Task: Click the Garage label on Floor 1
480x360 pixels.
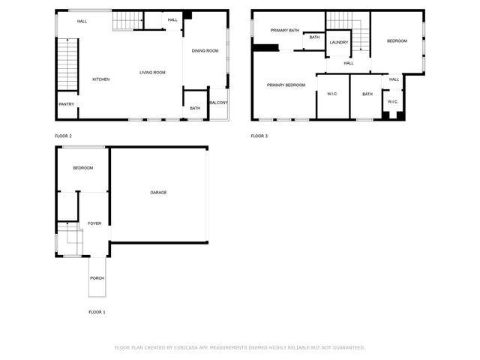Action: tap(158, 193)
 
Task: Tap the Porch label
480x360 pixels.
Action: tap(97, 278)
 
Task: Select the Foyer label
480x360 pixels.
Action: tap(94, 223)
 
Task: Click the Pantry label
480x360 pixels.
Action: tap(66, 104)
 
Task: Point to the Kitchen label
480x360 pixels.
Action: tap(101, 79)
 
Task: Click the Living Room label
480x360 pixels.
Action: tap(152, 73)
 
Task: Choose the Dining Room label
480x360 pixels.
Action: tap(205, 51)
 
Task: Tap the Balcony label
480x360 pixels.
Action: tap(218, 103)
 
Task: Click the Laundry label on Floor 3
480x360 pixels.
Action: tap(339, 42)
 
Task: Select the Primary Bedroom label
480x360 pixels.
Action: tap(286, 85)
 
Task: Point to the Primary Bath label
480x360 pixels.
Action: tap(285, 31)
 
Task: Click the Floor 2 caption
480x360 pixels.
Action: tap(63, 136)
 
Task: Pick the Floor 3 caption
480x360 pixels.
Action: tap(259, 136)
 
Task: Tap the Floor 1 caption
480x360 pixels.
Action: tap(97, 311)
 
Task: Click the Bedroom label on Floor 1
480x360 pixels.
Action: tap(83, 168)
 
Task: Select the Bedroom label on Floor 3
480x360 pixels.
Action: tap(397, 40)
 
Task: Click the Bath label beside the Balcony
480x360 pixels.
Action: tap(195, 109)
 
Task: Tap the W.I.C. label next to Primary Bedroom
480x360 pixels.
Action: tap(332, 94)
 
